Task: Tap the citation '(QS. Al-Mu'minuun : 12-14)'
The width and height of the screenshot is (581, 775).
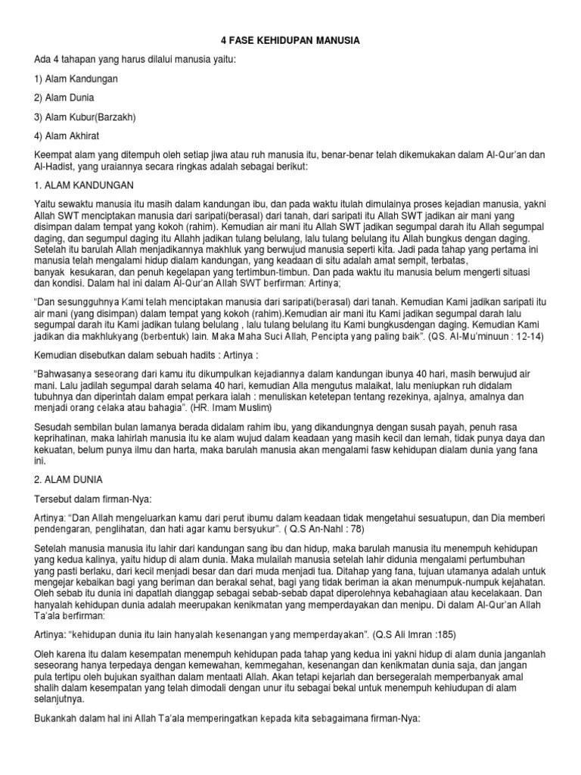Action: (484, 335)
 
